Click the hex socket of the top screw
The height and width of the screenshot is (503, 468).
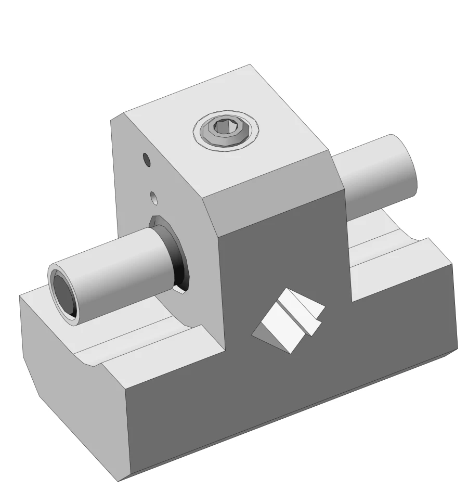tap(225, 127)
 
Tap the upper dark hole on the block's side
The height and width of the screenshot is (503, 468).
tap(147, 160)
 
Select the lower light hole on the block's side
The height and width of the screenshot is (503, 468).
tap(153, 198)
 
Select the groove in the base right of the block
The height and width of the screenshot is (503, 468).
tap(385, 250)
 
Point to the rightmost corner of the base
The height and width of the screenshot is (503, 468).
tap(457, 349)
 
